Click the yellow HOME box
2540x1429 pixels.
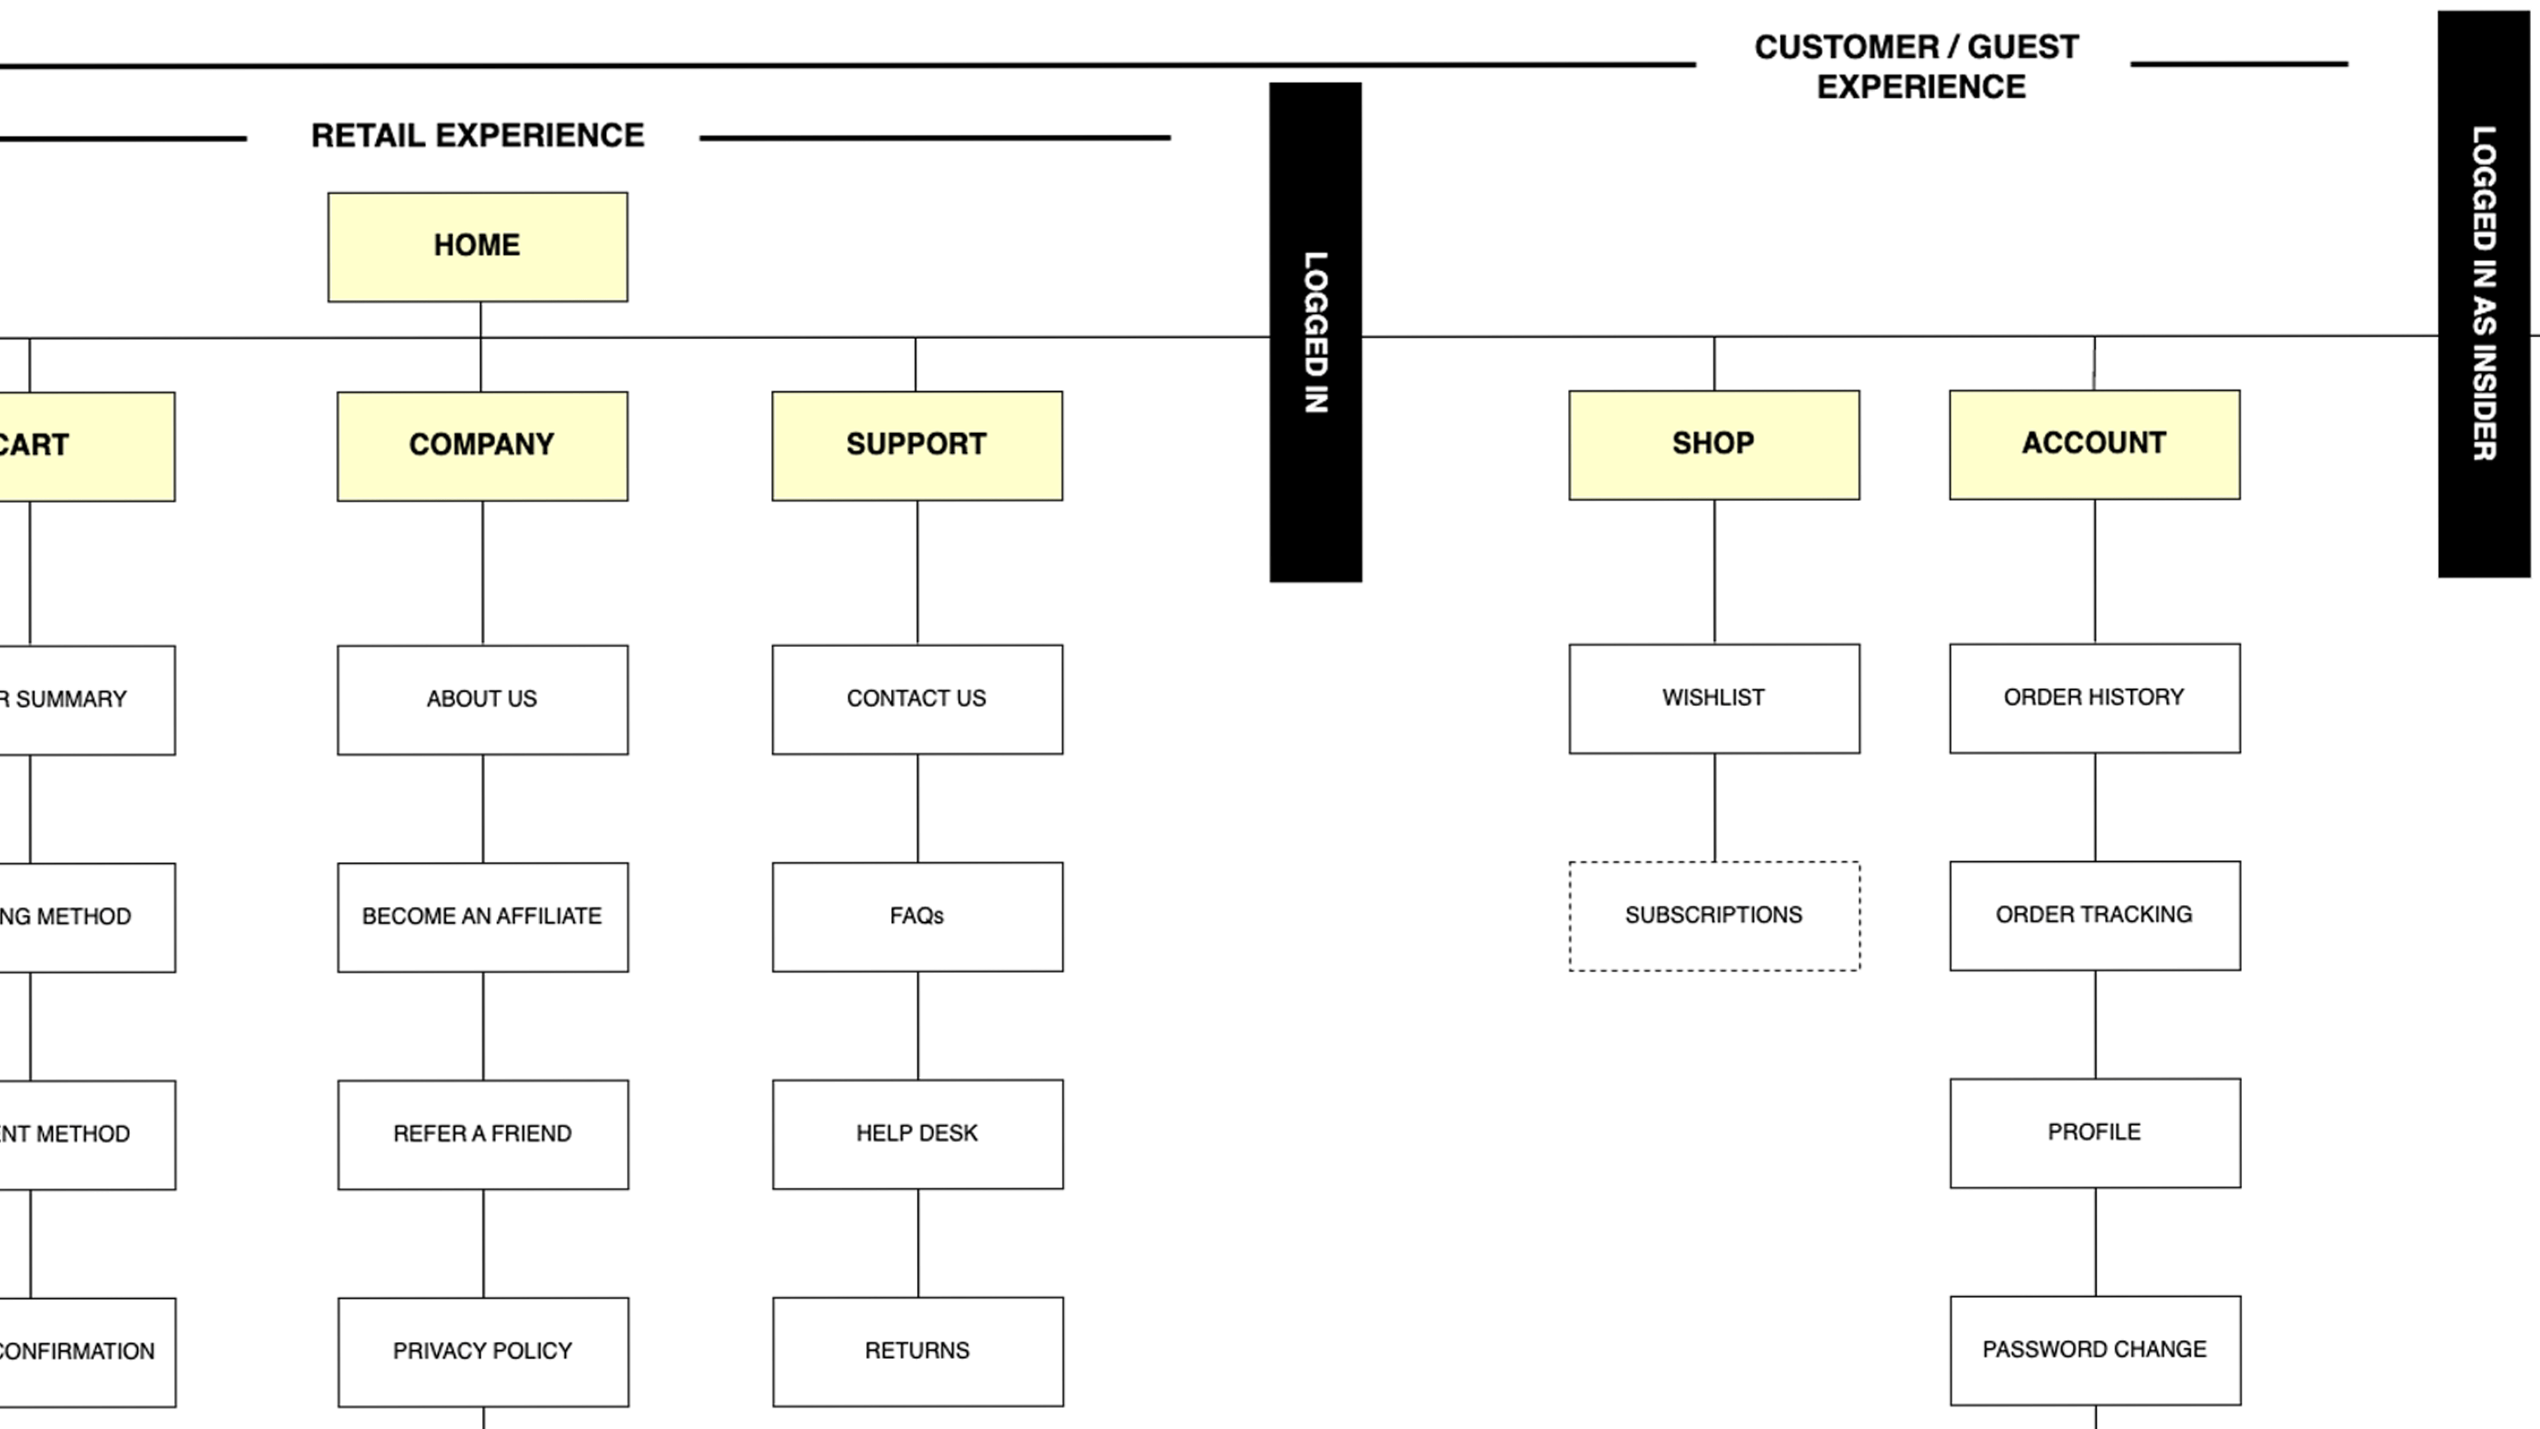point(478,246)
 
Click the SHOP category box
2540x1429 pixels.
point(1714,445)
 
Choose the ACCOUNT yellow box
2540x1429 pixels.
point(2094,444)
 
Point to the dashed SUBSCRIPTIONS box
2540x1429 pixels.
point(1714,915)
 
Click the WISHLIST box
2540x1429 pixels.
point(1714,698)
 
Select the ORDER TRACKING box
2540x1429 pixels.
point(2094,915)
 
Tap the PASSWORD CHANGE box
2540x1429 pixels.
point(2094,1349)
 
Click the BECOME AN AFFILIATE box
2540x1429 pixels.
point(482,916)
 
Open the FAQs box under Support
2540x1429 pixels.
point(917,916)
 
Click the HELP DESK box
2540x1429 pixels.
point(917,1133)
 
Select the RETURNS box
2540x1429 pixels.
point(917,1350)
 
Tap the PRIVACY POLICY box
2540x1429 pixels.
point(482,1351)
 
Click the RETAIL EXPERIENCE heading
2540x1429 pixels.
point(478,136)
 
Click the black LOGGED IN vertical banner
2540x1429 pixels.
point(1315,332)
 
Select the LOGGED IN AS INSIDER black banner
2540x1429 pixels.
point(2483,293)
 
